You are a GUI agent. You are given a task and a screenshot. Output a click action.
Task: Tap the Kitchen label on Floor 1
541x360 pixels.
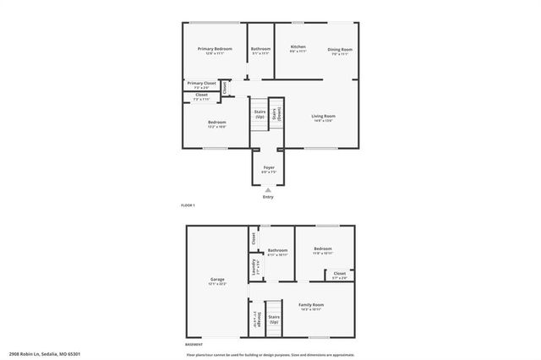pos(298,48)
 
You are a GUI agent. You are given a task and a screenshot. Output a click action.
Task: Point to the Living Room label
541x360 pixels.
pos(323,117)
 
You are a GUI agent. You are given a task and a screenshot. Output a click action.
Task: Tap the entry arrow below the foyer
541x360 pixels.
pos(268,189)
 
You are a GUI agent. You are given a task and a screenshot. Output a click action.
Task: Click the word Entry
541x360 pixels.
pos(268,197)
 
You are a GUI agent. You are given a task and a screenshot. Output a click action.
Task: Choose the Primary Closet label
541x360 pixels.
pos(201,85)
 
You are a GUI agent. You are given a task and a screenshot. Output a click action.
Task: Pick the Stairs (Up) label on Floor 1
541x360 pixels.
pos(260,114)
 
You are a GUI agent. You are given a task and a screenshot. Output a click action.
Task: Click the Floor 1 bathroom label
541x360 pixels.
pos(260,50)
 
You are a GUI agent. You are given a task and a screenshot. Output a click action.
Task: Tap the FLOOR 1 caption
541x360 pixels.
pos(188,206)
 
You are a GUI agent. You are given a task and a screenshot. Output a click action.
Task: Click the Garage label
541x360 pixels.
pos(217,281)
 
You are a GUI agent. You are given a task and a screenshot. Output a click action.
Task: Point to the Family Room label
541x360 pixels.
pos(311,305)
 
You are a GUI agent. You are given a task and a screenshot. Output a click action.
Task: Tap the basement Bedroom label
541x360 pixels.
pos(322,250)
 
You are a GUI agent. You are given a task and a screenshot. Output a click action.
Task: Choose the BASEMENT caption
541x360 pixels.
pos(194,345)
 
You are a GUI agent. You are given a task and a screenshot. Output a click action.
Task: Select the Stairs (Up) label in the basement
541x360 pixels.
pos(274,319)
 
